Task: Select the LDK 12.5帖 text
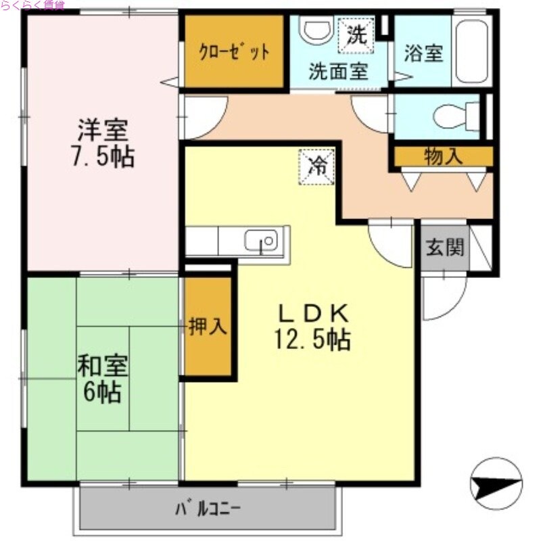click(x=312, y=326)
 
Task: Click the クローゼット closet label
click(x=233, y=51)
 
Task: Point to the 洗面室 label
click(x=337, y=72)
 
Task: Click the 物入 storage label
click(x=443, y=156)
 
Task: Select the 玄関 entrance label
click(x=445, y=248)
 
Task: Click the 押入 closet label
click(x=208, y=327)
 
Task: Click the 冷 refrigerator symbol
click(x=317, y=165)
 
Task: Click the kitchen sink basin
click(x=261, y=241)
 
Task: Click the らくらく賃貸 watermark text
click(x=32, y=5)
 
